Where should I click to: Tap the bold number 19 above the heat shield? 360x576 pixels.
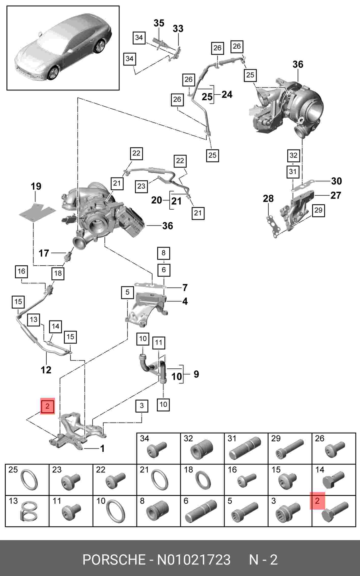click(36, 186)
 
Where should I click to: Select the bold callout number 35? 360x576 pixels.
click(159, 23)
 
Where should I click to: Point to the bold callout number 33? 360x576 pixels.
click(178, 28)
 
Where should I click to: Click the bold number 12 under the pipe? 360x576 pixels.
click(46, 370)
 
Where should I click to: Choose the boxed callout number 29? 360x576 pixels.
click(318, 210)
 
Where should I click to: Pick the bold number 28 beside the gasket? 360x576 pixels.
click(268, 198)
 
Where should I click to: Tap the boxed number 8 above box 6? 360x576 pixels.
click(163, 253)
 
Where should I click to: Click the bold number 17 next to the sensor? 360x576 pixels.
click(44, 253)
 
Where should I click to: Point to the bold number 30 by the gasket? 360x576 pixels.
click(336, 181)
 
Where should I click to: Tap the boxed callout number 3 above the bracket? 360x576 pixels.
click(142, 406)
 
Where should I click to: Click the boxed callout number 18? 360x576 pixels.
click(58, 273)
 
